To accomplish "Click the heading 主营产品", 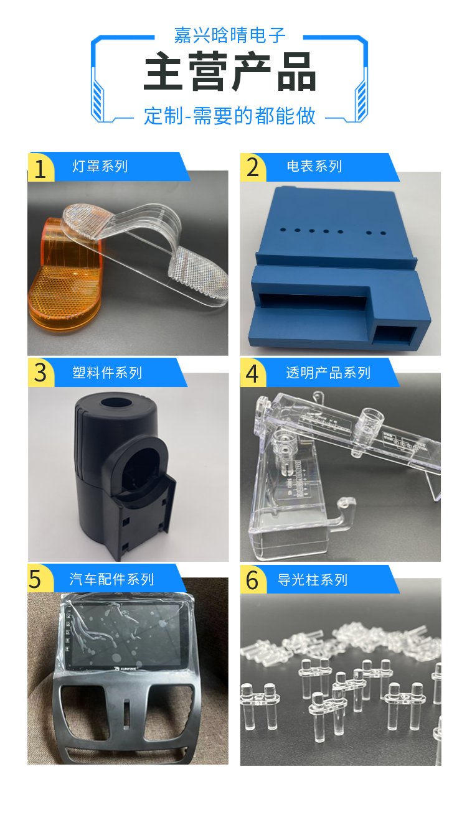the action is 230,72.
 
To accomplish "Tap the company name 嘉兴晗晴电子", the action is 230,35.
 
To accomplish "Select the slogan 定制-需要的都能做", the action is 230,116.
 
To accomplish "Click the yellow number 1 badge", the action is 40,167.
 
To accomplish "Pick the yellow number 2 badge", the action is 253,167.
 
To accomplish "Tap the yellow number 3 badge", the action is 40,373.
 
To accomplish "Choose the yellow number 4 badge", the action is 253,373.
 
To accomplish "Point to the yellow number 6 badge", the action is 253,580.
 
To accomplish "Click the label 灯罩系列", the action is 100,167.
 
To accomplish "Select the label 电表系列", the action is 314,167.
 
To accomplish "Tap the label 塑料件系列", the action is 107,373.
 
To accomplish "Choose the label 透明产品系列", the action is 328,373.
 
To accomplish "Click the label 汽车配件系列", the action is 111,579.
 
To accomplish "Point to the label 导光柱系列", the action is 313,580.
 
